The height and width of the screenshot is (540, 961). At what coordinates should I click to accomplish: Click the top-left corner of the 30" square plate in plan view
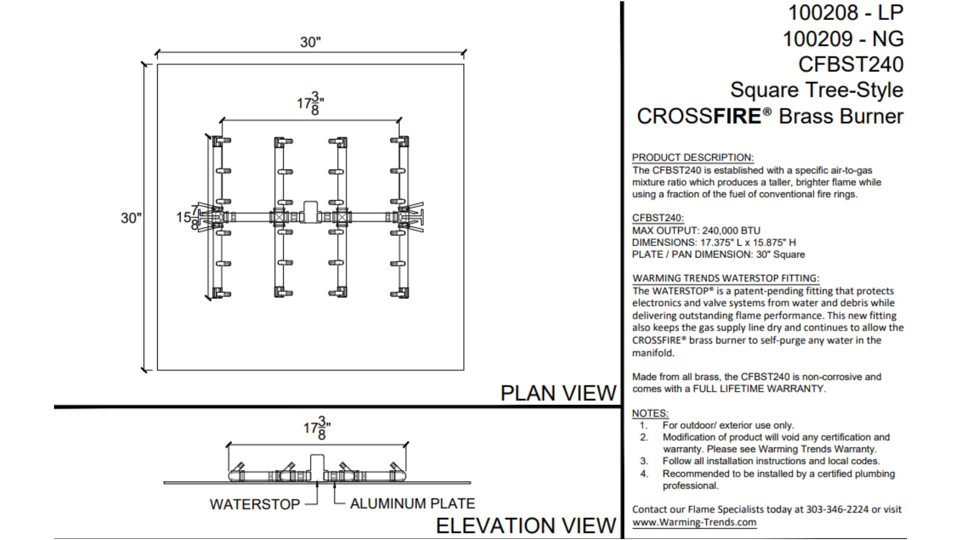(158, 64)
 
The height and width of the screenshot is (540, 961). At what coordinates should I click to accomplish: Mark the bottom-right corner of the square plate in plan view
(464, 370)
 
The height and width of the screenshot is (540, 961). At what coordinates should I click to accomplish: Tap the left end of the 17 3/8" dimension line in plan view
(222, 120)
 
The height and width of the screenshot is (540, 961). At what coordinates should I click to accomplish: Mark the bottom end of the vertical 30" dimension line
(145, 370)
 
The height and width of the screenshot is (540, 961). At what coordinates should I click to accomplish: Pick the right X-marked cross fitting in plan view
(343, 217)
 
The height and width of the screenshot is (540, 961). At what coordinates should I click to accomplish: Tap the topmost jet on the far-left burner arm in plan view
(221, 141)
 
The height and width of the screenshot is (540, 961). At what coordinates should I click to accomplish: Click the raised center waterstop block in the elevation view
(317, 462)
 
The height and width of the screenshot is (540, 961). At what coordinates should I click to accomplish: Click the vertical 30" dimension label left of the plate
(131, 218)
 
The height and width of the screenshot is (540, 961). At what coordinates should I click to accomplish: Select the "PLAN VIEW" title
(558, 393)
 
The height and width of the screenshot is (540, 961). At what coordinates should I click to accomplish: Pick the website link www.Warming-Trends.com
(694, 522)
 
